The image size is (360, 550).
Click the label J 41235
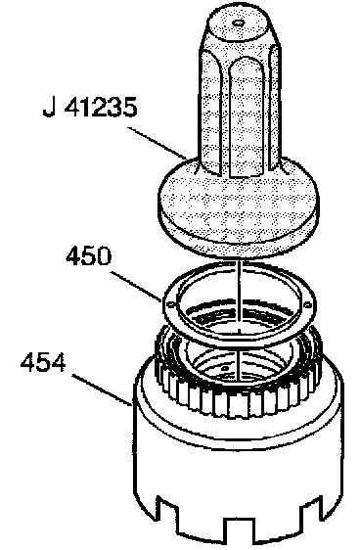[x=90, y=107]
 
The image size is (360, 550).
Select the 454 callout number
[x=43, y=362]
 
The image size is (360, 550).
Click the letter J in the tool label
[x=49, y=107]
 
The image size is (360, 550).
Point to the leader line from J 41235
[x=157, y=144]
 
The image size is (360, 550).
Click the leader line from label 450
[x=137, y=286]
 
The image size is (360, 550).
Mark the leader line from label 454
[x=102, y=390]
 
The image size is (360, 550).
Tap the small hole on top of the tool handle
[x=239, y=23]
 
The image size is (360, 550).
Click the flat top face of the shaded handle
[x=239, y=23]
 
